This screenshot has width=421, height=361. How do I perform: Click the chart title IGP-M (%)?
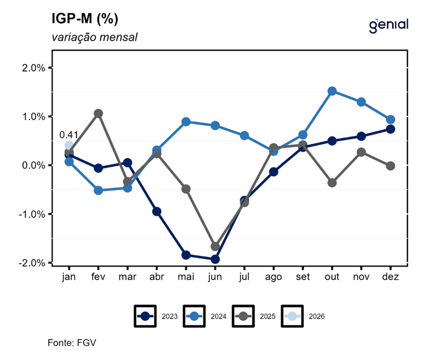pyautogui.click(x=85, y=19)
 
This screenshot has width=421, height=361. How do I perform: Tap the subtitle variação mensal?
pyautogui.click(x=94, y=37)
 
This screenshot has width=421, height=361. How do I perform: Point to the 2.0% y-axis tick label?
pyautogui.click(x=33, y=68)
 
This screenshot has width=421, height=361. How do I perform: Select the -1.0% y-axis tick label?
pyautogui.click(x=32, y=214)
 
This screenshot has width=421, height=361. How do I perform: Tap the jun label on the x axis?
pyautogui.click(x=214, y=277)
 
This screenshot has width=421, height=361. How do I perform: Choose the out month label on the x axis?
pyautogui.click(x=332, y=277)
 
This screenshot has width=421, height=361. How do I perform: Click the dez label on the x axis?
pyautogui.click(x=390, y=277)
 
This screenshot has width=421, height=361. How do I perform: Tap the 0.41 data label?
pyautogui.click(x=68, y=135)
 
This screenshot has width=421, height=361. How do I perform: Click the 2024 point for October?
pyautogui.click(x=332, y=91)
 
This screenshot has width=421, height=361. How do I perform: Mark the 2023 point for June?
pyautogui.click(x=214, y=259)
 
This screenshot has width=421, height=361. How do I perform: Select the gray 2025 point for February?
pyautogui.click(x=98, y=114)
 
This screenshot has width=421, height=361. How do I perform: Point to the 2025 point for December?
pyautogui.click(x=390, y=166)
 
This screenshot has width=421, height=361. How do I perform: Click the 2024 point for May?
pyautogui.click(x=186, y=122)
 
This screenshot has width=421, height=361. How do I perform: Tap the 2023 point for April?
pyautogui.click(x=157, y=212)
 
